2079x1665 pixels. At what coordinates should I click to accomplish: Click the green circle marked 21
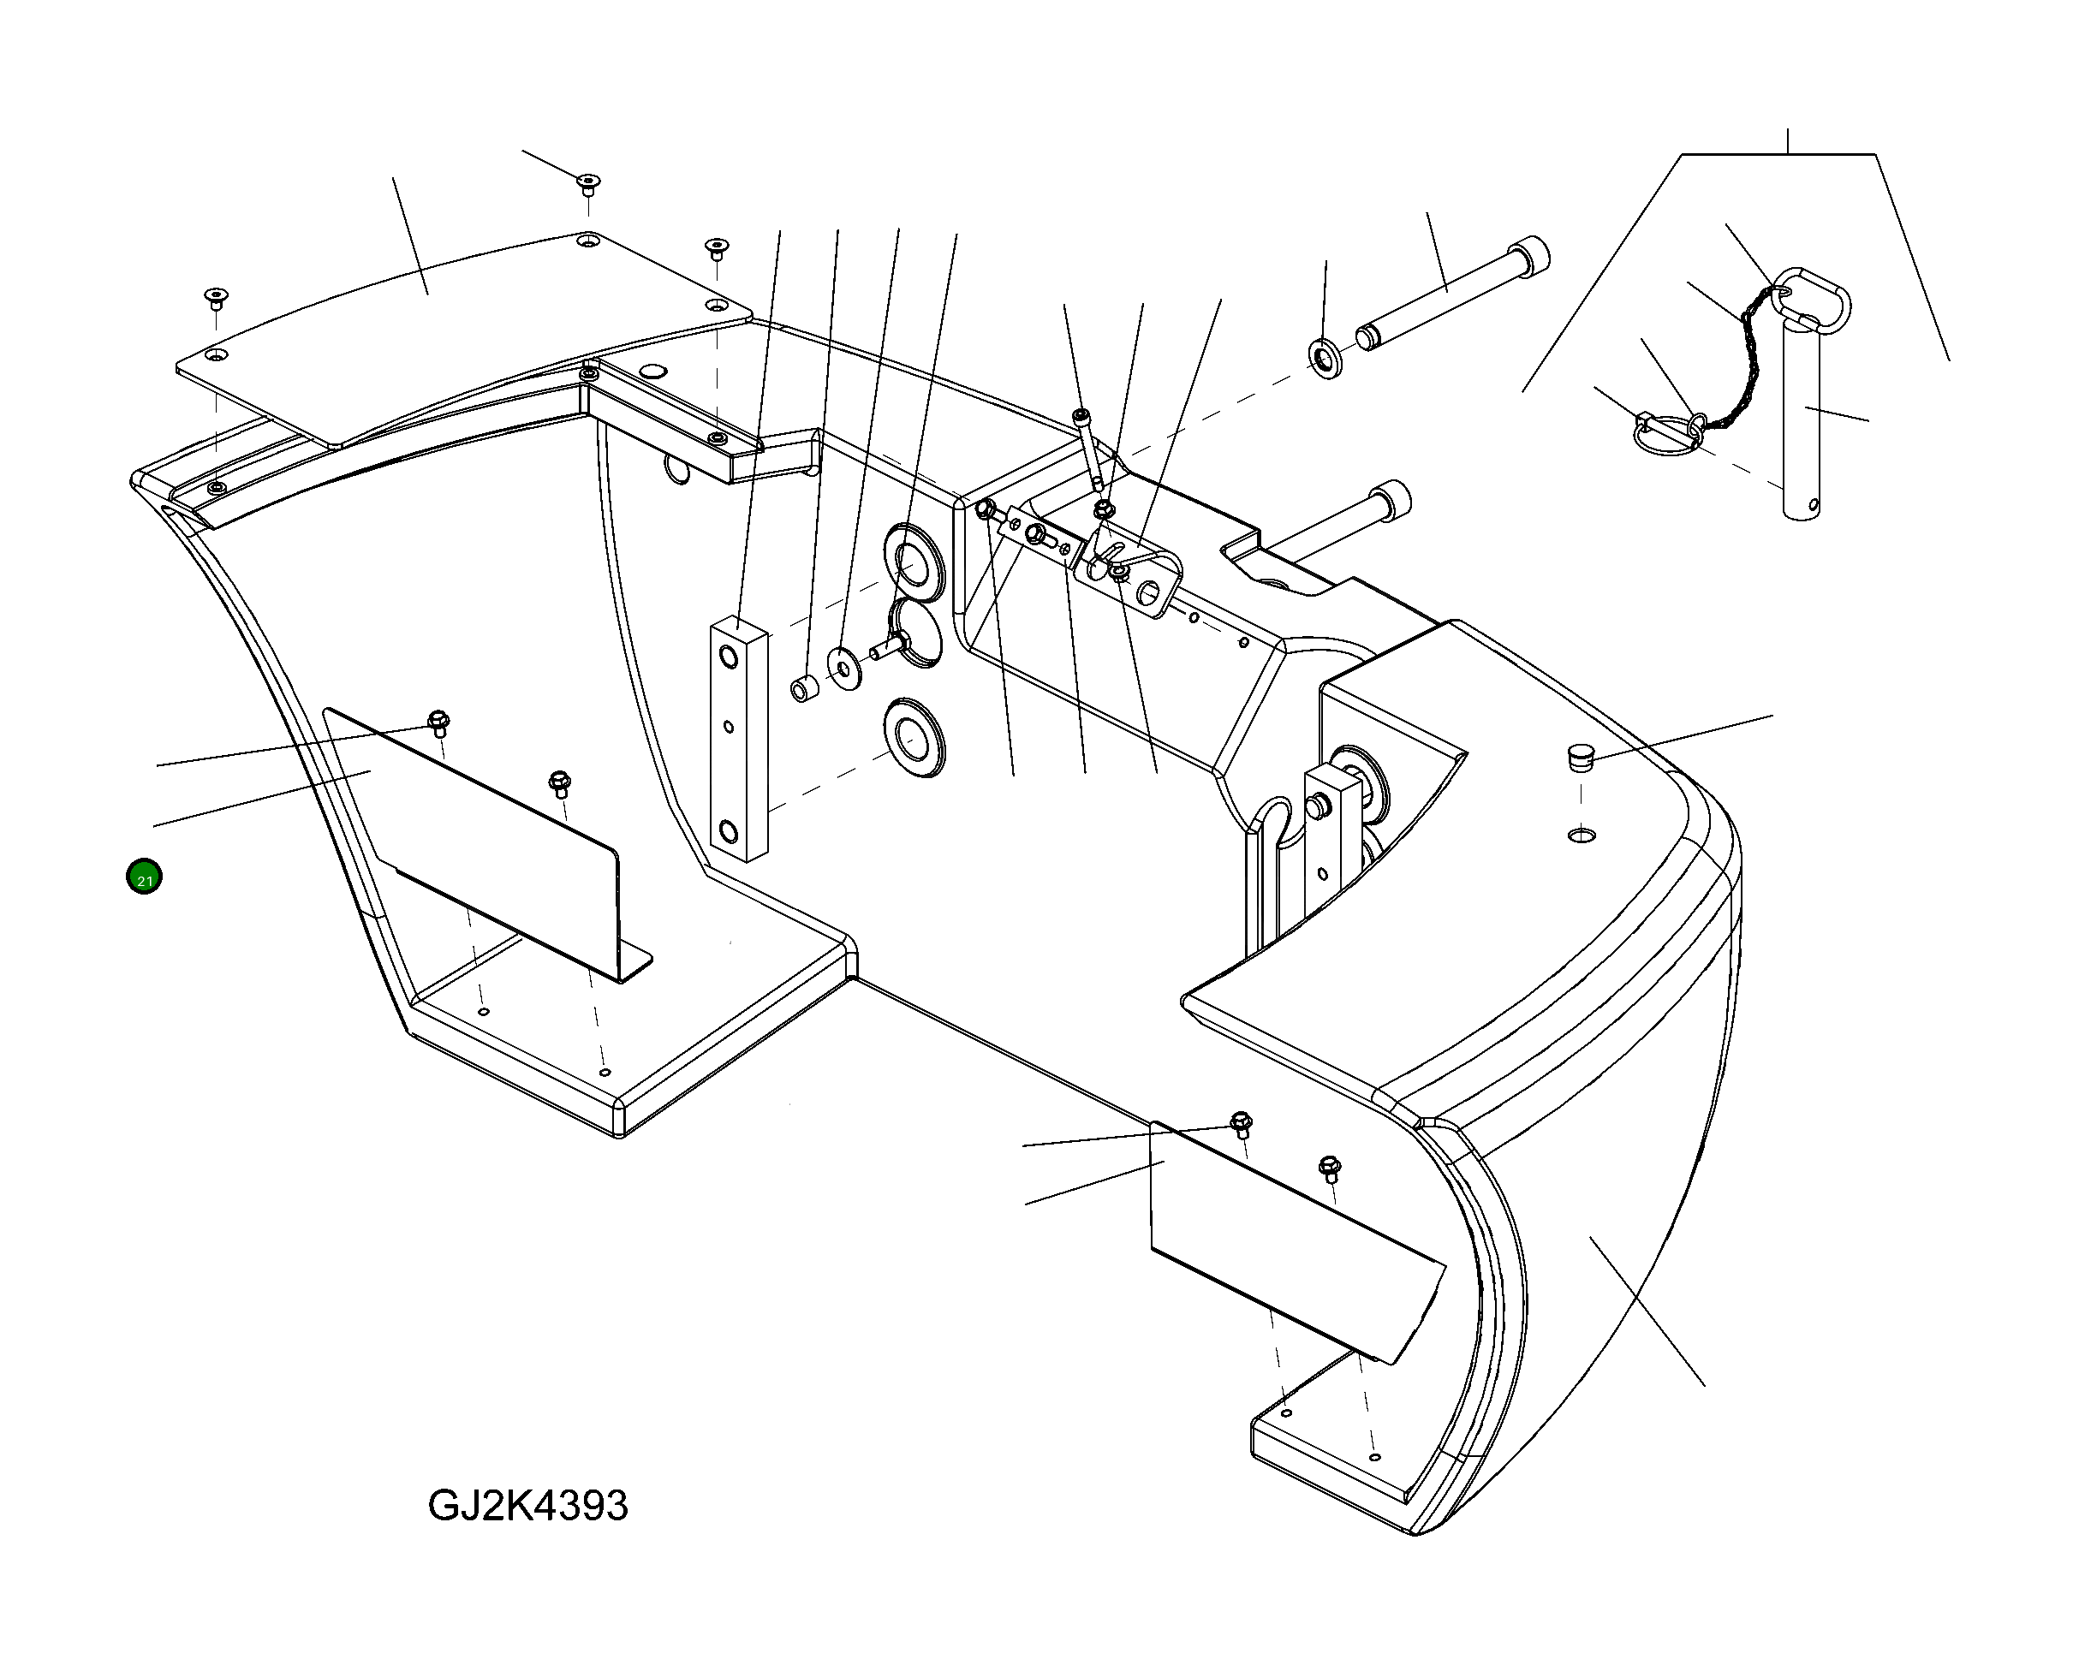(x=144, y=877)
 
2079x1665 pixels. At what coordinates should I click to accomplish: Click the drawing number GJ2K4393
(x=527, y=1505)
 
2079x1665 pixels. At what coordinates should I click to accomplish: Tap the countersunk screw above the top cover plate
(x=588, y=183)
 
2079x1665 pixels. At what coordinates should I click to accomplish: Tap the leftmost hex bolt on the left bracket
(x=438, y=721)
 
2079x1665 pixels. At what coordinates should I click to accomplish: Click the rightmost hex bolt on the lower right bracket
(x=1330, y=1168)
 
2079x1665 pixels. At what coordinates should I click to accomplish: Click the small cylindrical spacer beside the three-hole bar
(x=804, y=688)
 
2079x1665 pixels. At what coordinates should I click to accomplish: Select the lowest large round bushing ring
(x=911, y=739)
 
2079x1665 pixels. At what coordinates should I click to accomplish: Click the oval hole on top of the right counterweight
(x=1582, y=832)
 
